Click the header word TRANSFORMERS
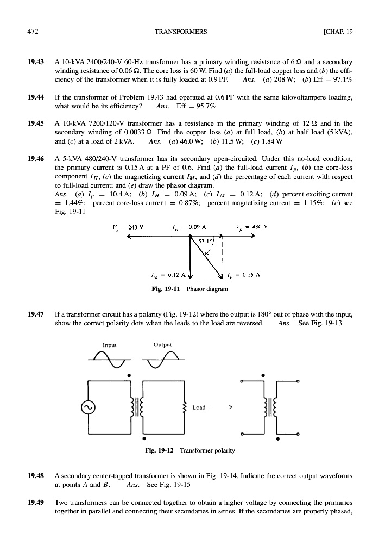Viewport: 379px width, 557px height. click(181, 32)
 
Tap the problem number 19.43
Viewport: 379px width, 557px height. click(35, 62)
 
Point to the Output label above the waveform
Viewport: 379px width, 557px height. click(163, 344)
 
